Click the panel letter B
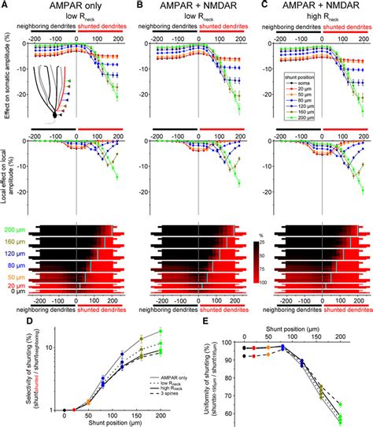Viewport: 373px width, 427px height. (135, 5)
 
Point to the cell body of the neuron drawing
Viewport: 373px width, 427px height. (54, 115)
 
